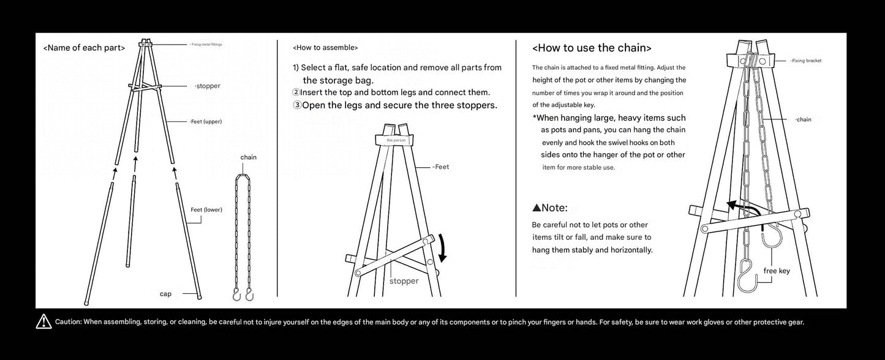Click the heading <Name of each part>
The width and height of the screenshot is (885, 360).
point(84,48)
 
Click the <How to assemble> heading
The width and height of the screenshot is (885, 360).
point(325,47)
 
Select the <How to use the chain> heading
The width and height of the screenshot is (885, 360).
point(592,48)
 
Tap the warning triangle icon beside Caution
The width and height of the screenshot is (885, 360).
point(44,321)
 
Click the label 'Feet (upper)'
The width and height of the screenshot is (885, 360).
point(205,122)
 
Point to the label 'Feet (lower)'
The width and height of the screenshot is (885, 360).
point(206,210)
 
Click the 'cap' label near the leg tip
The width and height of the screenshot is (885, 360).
point(165,294)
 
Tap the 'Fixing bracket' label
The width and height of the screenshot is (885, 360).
point(805,61)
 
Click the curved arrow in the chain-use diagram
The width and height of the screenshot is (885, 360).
point(742,209)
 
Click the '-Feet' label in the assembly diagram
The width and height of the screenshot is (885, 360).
point(440,167)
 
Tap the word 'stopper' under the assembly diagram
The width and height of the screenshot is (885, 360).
point(404,281)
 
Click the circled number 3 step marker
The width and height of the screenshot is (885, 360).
point(297,105)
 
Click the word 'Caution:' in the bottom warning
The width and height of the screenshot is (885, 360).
point(69,321)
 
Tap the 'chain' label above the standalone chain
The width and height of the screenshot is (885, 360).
point(248,157)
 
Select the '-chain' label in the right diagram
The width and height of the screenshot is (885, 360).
point(803,119)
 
